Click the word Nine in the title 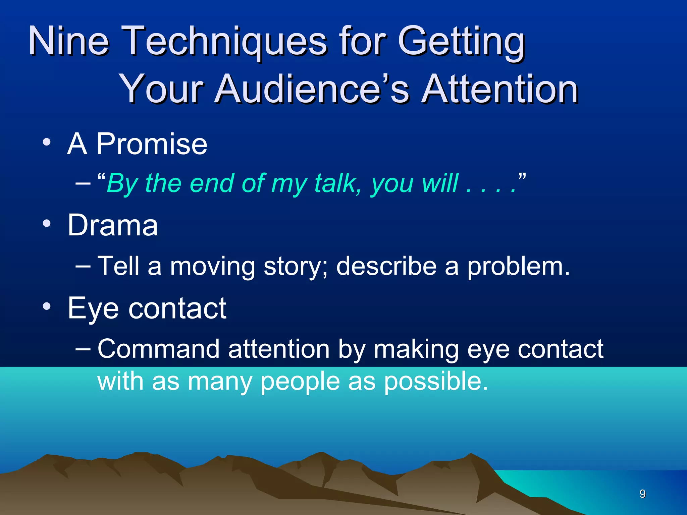(69, 41)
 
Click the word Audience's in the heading (312, 89)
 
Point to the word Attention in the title (500, 89)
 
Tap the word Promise (152, 144)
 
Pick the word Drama (113, 225)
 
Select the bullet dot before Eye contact (47, 306)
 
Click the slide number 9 (642, 494)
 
